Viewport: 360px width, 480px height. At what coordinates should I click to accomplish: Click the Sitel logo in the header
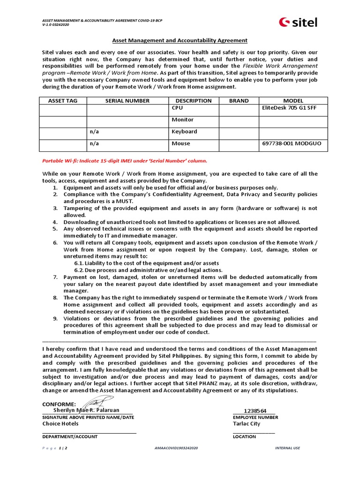(298, 22)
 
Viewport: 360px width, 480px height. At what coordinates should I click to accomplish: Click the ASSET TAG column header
(63, 101)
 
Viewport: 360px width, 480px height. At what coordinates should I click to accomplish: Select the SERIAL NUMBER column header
(127, 101)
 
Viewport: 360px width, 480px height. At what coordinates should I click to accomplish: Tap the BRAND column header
(239, 101)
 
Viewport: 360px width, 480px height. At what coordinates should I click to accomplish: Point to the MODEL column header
(293, 101)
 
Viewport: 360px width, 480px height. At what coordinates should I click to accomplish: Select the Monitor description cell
(182, 120)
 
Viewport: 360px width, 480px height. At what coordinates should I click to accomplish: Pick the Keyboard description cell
(184, 132)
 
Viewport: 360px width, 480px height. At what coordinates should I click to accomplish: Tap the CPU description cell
(177, 108)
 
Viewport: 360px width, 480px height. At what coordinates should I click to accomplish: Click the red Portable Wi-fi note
(125, 161)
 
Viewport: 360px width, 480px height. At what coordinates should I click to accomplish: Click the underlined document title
(180, 41)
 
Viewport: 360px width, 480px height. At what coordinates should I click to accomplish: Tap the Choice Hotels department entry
(60, 424)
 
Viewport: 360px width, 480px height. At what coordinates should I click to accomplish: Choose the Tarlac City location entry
(246, 424)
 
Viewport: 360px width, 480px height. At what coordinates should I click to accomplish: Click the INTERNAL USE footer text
(287, 449)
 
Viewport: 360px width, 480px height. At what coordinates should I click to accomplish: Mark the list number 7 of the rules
(55, 277)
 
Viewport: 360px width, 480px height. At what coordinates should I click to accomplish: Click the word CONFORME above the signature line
(59, 404)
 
